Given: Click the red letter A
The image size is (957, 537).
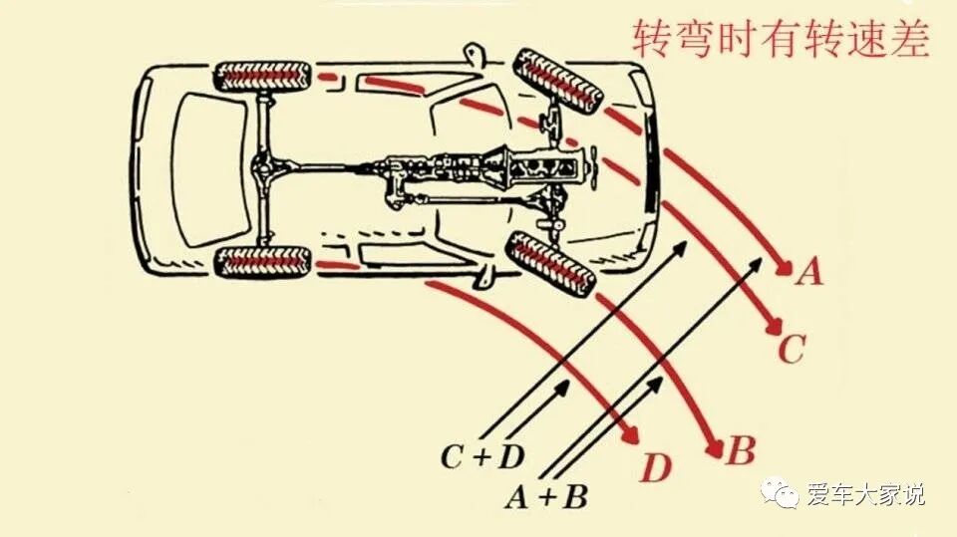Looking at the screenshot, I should pyautogui.click(x=810, y=271).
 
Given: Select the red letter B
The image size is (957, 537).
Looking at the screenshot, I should pyautogui.click(x=740, y=452).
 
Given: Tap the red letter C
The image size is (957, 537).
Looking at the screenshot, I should pyautogui.click(x=790, y=350).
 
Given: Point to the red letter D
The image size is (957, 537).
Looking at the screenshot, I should pyautogui.click(x=655, y=468).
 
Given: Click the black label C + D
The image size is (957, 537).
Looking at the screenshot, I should pyautogui.click(x=482, y=456).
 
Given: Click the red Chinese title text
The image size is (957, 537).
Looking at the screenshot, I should pyautogui.click(x=781, y=40).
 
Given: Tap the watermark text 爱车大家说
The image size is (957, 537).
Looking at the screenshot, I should pyautogui.click(x=866, y=492).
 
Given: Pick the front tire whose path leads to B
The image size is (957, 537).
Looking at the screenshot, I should pyautogui.click(x=550, y=263).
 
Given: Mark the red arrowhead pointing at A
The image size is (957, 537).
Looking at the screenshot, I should pyautogui.click(x=784, y=267).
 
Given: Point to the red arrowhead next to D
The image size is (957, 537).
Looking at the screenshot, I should pyautogui.click(x=631, y=439).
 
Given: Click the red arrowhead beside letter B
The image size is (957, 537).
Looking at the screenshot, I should pyautogui.click(x=715, y=445).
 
